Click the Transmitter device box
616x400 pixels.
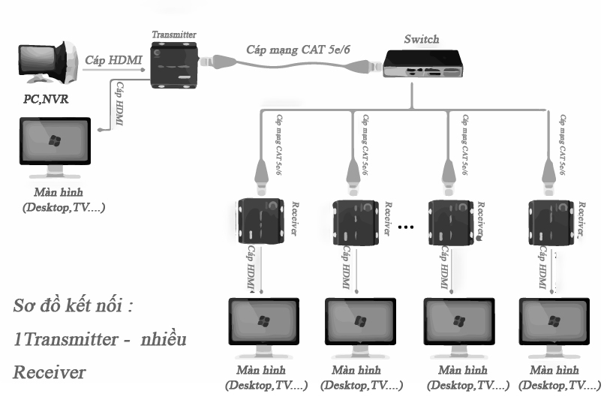pos(173,66)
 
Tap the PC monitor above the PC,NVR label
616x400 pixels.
pos(47,66)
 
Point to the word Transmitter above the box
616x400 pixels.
pos(173,35)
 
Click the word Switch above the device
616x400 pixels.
pos(421,39)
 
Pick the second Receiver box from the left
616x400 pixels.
pos(355,220)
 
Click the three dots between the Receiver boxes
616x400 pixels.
pos(407,226)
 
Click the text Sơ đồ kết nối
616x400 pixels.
pos(73,307)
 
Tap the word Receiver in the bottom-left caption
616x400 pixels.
pos(49,371)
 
